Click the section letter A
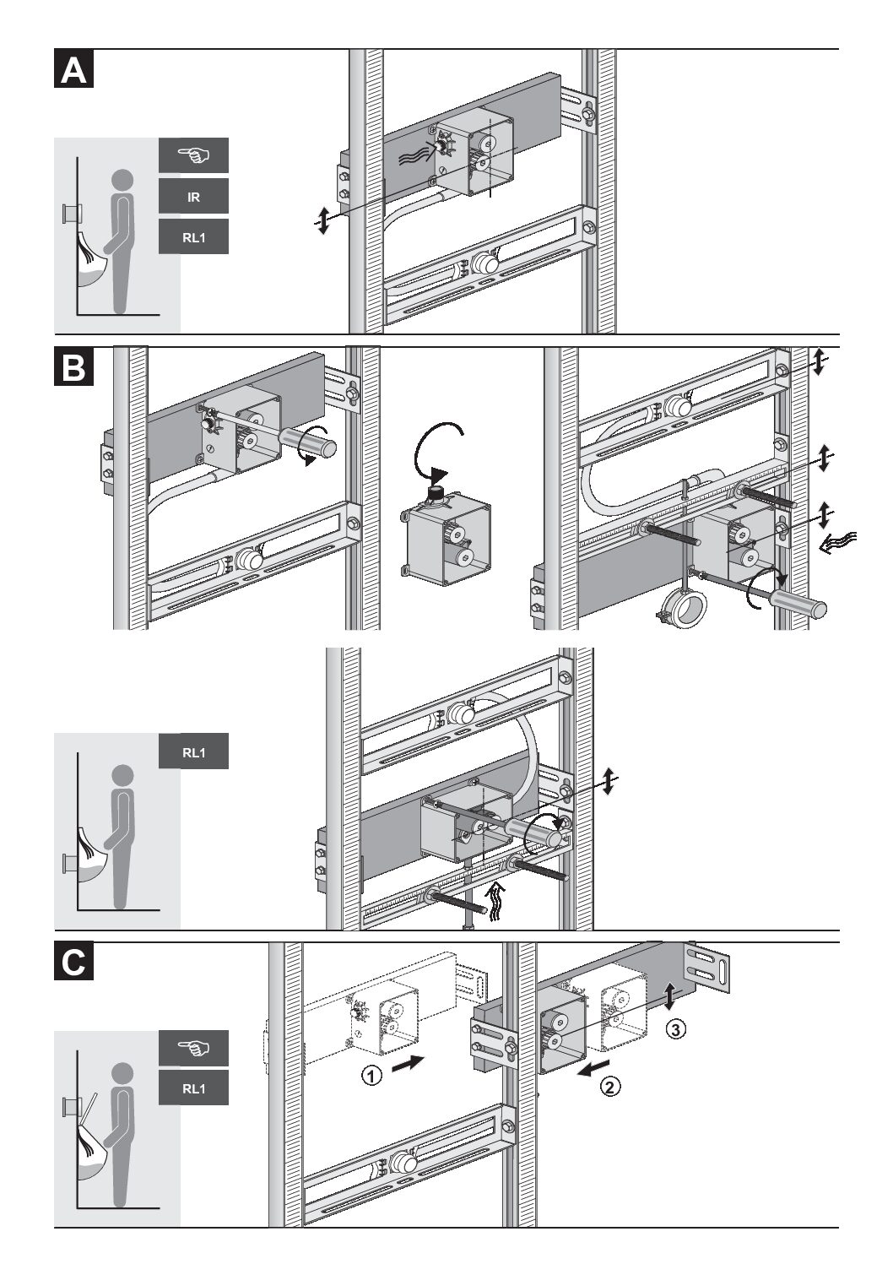click(x=73, y=69)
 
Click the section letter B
click(x=73, y=368)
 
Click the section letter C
click(x=73, y=963)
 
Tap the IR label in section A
click(x=193, y=198)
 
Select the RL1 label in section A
click(x=193, y=237)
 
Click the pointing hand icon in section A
click(x=193, y=156)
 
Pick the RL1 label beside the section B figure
click(x=193, y=752)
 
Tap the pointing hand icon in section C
click(x=193, y=1049)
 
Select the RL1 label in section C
click(x=193, y=1088)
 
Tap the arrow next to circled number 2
click(x=588, y=1071)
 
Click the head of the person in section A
click(x=123, y=180)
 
